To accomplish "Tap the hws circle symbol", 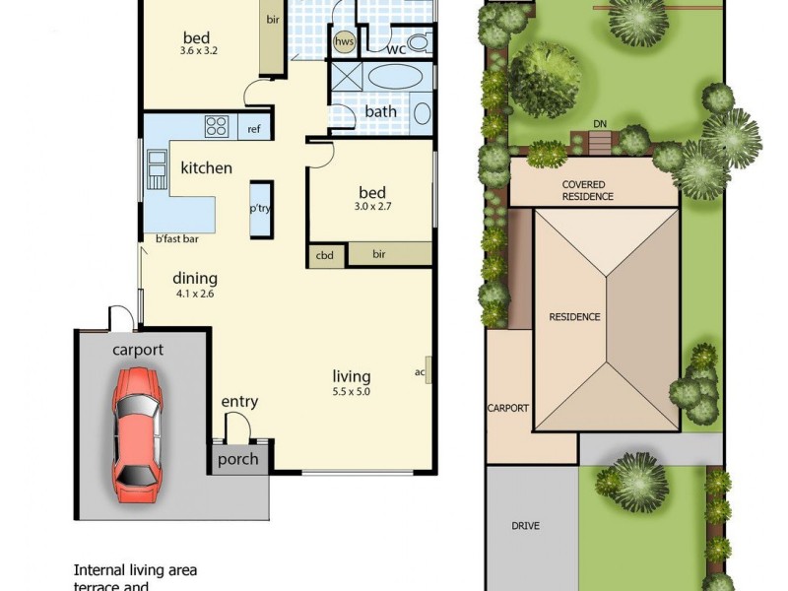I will click(x=345, y=42).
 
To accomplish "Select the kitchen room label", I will click(x=206, y=168).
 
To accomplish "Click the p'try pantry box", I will click(x=260, y=209).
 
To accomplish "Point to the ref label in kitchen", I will click(x=254, y=129).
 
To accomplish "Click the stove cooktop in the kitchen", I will click(x=217, y=126).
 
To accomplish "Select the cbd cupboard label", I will click(x=325, y=255).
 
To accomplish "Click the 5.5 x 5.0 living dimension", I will click(x=352, y=392).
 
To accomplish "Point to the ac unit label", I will click(x=420, y=372).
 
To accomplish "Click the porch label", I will click(x=237, y=459).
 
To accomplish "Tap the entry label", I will click(x=239, y=401).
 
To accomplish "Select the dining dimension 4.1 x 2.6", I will click(x=194, y=294).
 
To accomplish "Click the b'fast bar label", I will click(x=177, y=238).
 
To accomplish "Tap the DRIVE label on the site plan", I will click(x=526, y=526).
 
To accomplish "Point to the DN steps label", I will click(x=600, y=124).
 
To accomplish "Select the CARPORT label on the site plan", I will click(x=508, y=408).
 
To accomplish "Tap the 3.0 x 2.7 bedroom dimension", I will click(x=371, y=208).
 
